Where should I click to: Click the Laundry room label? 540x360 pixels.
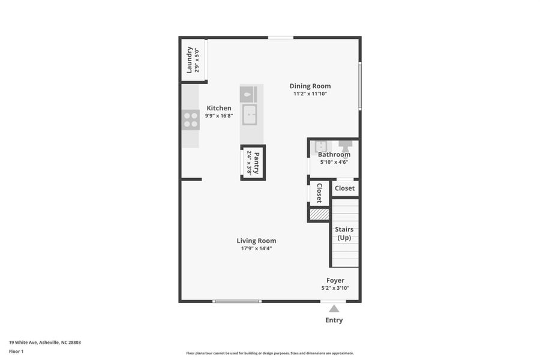tap(190, 60)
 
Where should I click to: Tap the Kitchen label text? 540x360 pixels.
tap(219, 108)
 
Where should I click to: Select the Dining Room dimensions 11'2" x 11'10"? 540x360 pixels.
tap(310, 94)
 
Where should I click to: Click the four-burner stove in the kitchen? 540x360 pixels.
tap(191, 120)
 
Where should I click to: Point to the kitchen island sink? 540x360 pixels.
tap(250, 114)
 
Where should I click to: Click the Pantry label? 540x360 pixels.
tap(256, 163)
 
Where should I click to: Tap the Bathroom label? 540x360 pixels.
tap(334, 154)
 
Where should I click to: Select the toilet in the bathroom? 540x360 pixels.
tap(346, 146)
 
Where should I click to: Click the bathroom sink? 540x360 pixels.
tap(321, 146)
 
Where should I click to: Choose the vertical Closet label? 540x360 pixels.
tap(319, 193)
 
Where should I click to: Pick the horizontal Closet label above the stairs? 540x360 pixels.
tap(344, 188)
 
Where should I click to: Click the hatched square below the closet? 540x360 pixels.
tap(319, 214)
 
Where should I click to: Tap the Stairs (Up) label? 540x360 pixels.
tap(344, 233)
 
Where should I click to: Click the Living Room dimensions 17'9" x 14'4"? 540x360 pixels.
tap(256, 248)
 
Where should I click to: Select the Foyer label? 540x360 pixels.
tap(335, 280)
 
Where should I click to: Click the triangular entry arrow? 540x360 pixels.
tap(334, 308)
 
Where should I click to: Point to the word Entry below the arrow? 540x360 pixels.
tap(334, 320)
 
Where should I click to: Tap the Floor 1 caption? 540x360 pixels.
tap(16, 352)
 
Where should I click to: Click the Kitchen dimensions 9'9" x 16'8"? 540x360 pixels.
tap(219, 116)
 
